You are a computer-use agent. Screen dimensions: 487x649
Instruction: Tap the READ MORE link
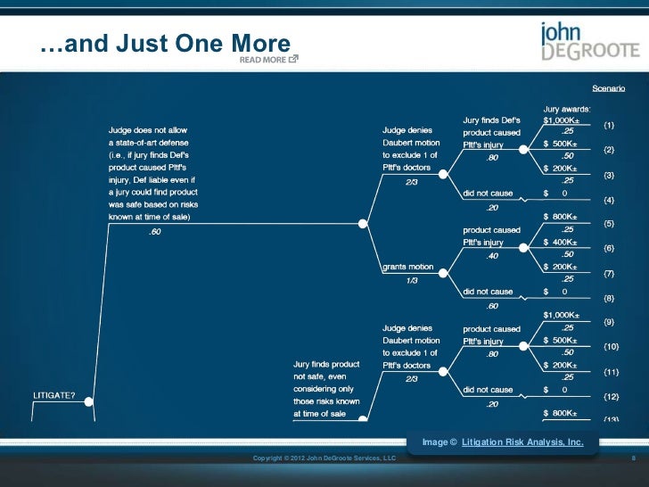coord(268,61)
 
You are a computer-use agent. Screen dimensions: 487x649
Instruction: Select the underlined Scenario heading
coord(609,89)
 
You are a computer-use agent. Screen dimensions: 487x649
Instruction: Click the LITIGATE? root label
coord(53,395)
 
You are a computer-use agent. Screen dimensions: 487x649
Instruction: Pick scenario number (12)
coord(611,396)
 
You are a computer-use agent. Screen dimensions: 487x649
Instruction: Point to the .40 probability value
coord(491,256)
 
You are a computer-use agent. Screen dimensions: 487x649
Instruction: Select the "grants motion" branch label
coord(408,267)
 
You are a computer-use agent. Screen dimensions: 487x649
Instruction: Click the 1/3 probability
coord(412,280)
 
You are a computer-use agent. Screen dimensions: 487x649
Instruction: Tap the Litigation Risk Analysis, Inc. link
coord(523,442)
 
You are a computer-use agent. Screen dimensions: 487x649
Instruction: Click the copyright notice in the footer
coord(324,458)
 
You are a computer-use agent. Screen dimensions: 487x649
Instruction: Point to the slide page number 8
coord(632,458)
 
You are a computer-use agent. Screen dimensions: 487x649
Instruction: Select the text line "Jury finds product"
coord(327,365)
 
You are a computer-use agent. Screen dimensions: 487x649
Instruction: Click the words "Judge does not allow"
coord(148,129)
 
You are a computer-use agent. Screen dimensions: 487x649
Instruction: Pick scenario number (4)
coord(611,198)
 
